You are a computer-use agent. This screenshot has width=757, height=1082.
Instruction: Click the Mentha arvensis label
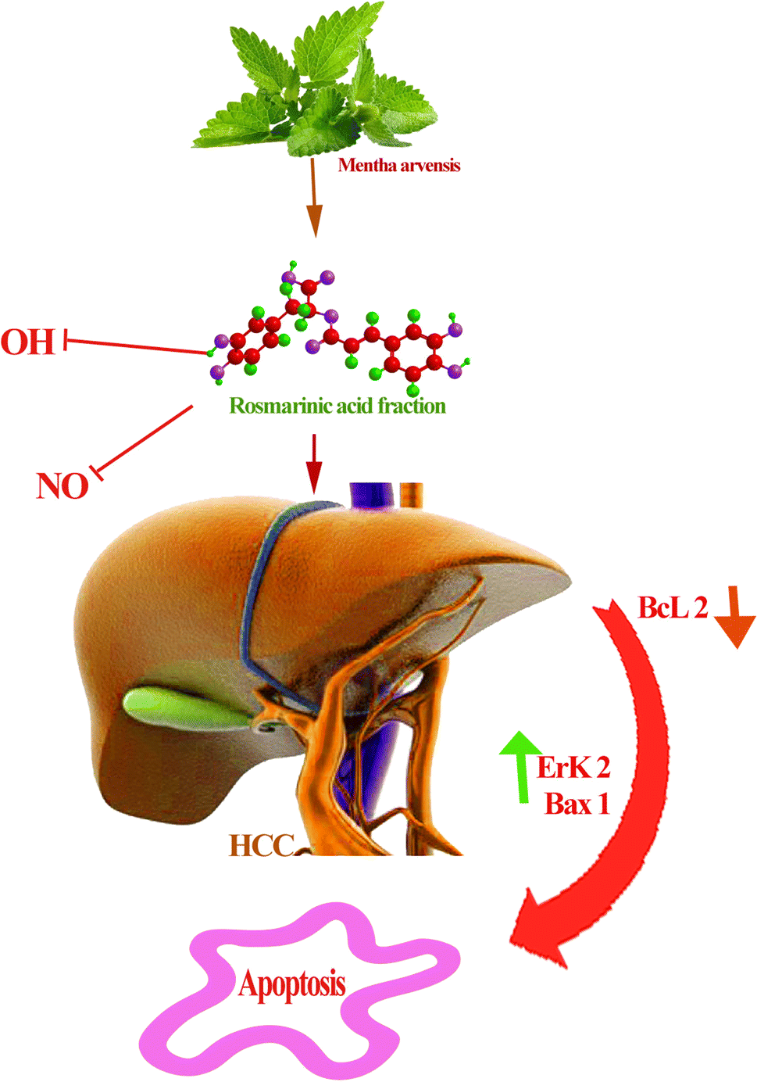pyautogui.click(x=398, y=166)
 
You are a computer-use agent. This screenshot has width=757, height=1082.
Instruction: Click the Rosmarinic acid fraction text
pyautogui.click(x=337, y=406)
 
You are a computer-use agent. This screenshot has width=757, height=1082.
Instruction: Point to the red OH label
pyautogui.click(x=27, y=342)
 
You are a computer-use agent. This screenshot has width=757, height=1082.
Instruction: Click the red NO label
pyautogui.click(x=62, y=486)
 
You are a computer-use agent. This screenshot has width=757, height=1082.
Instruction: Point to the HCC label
pyautogui.click(x=261, y=845)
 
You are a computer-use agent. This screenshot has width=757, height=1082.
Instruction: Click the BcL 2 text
pyautogui.click(x=673, y=607)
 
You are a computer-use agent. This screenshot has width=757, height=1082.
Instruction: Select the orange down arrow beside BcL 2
pyautogui.click(x=734, y=618)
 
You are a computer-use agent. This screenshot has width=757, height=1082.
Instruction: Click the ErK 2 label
pyautogui.click(x=573, y=768)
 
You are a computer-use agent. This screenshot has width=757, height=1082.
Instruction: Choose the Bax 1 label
pyautogui.click(x=577, y=804)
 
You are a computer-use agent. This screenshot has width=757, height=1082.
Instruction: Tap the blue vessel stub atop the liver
pyautogui.click(x=370, y=496)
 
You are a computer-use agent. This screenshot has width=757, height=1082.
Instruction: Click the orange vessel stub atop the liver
pyautogui.click(x=411, y=494)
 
